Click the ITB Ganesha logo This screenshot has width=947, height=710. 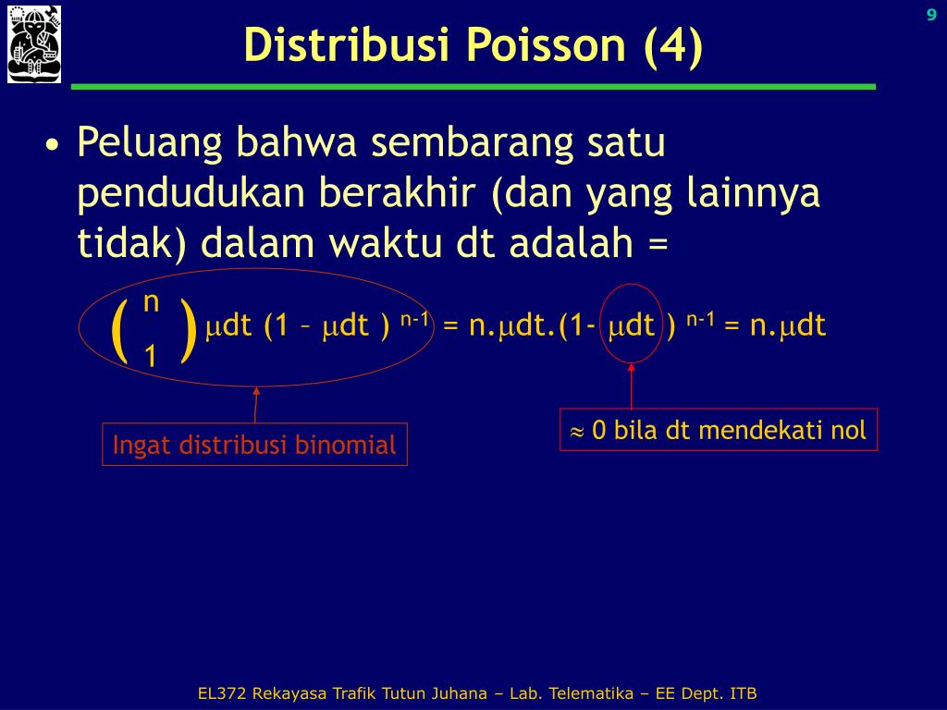(34, 44)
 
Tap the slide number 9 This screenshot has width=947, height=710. (931, 15)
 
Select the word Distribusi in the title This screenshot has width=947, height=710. (348, 44)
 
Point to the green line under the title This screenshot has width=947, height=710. (473, 87)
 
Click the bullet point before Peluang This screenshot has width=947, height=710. (53, 145)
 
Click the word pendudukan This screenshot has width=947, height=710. (191, 194)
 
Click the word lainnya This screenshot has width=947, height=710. (753, 194)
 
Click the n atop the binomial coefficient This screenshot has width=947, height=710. (151, 302)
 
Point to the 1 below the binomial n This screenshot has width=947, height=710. (151, 356)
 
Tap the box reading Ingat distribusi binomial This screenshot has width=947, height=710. (255, 445)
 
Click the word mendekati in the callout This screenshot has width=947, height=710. (760, 430)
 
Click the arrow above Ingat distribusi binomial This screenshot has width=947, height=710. (255, 405)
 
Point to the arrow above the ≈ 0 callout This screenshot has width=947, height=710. (631, 386)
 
